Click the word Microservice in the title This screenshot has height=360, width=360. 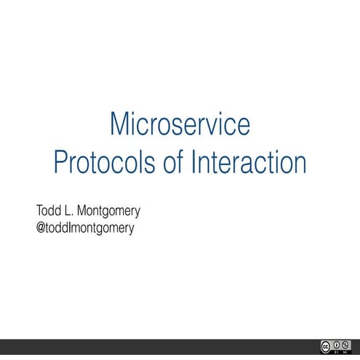pos(180,124)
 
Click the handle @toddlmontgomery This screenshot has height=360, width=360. pos(85,228)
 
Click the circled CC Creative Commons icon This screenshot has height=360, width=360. pos(325,347)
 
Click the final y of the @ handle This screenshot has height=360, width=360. pos(132,229)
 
